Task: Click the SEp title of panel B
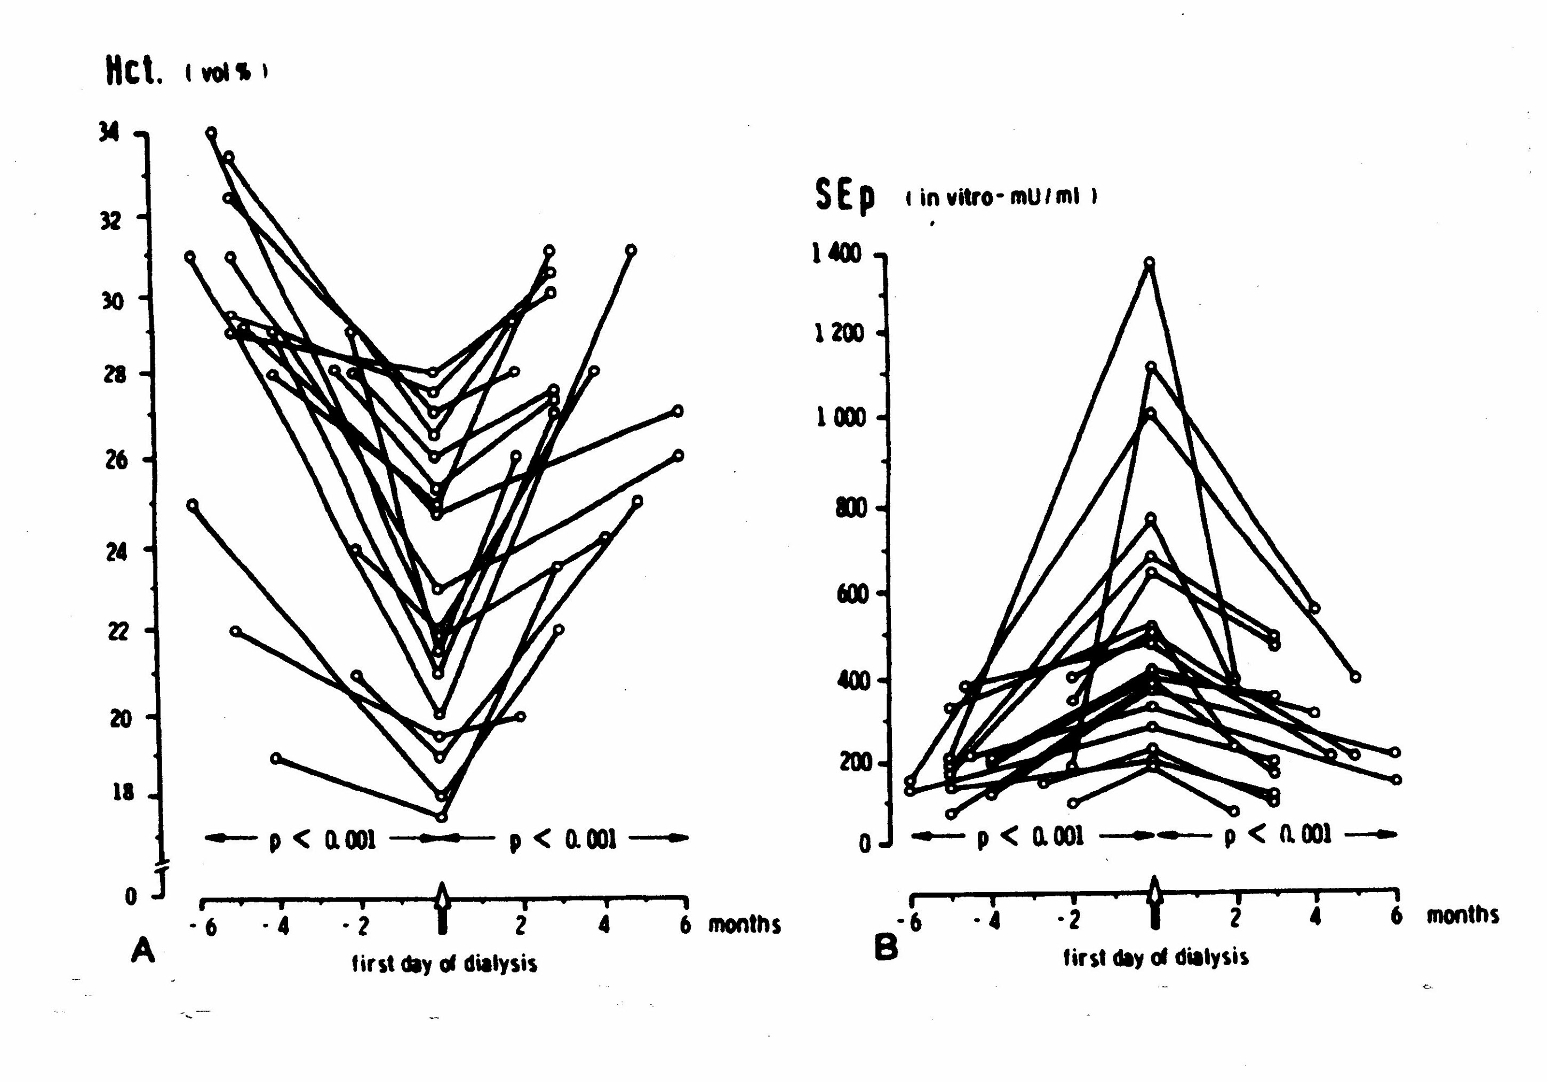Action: coord(845,195)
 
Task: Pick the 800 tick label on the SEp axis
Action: coord(850,508)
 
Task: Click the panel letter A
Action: coord(143,951)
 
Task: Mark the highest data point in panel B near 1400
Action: coord(1150,262)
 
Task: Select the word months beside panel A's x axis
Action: coord(744,925)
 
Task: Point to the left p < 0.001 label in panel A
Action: coord(322,839)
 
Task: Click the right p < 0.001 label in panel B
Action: coord(1278,836)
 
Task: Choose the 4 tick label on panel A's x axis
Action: coord(604,925)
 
